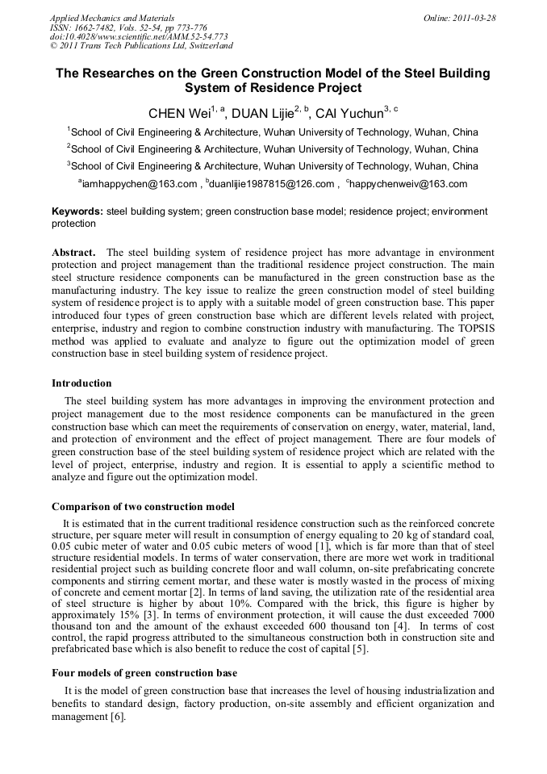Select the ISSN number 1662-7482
[x=95, y=27]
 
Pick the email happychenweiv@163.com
[x=409, y=184]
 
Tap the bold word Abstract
[x=74, y=252]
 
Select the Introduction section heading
[x=81, y=383]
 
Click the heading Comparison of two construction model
[x=144, y=507]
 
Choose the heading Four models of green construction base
[x=145, y=673]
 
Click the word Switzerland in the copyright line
[x=204, y=46]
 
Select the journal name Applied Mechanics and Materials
[x=112, y=17]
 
